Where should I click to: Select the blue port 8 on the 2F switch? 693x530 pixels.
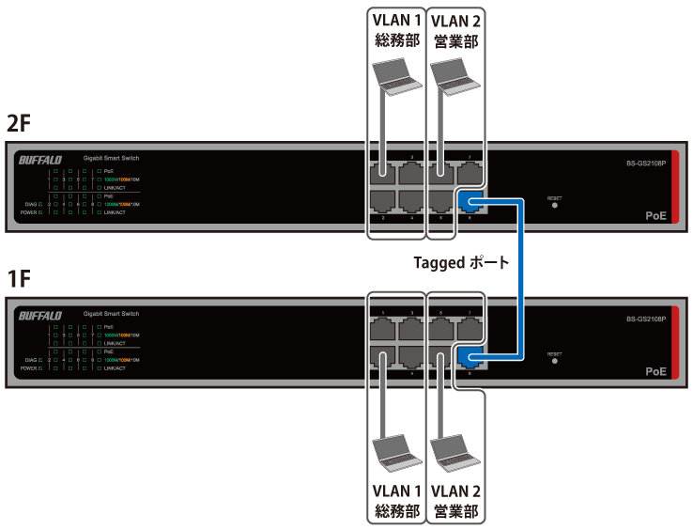(x=470, y=199)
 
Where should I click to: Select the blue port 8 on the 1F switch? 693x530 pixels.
(x=470, y=355)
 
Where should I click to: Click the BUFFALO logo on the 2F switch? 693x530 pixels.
(x=39, y=160)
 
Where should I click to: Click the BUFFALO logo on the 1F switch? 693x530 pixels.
(x=39, y=316)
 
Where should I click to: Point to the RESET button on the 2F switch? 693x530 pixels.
(x=554, y=207)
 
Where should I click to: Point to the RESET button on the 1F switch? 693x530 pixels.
(x=554, y=361)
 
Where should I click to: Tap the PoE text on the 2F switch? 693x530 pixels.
(x=655, y=216)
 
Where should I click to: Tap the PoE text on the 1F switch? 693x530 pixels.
(x=655, y=371)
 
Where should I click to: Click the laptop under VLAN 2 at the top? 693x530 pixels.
(x=454, y=76)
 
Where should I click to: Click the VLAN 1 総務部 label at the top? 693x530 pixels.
(x=393, y=31)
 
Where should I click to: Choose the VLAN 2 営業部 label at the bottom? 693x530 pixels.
(x=455, y=501)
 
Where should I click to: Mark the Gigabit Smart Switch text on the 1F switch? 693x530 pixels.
(x=112, y=312)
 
